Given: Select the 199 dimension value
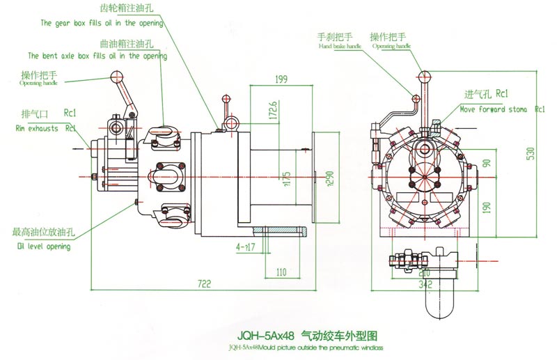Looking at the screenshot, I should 281,79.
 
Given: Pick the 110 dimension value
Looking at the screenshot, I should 282,271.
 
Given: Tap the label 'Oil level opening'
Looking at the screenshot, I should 44,246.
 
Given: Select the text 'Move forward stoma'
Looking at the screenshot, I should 494,110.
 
